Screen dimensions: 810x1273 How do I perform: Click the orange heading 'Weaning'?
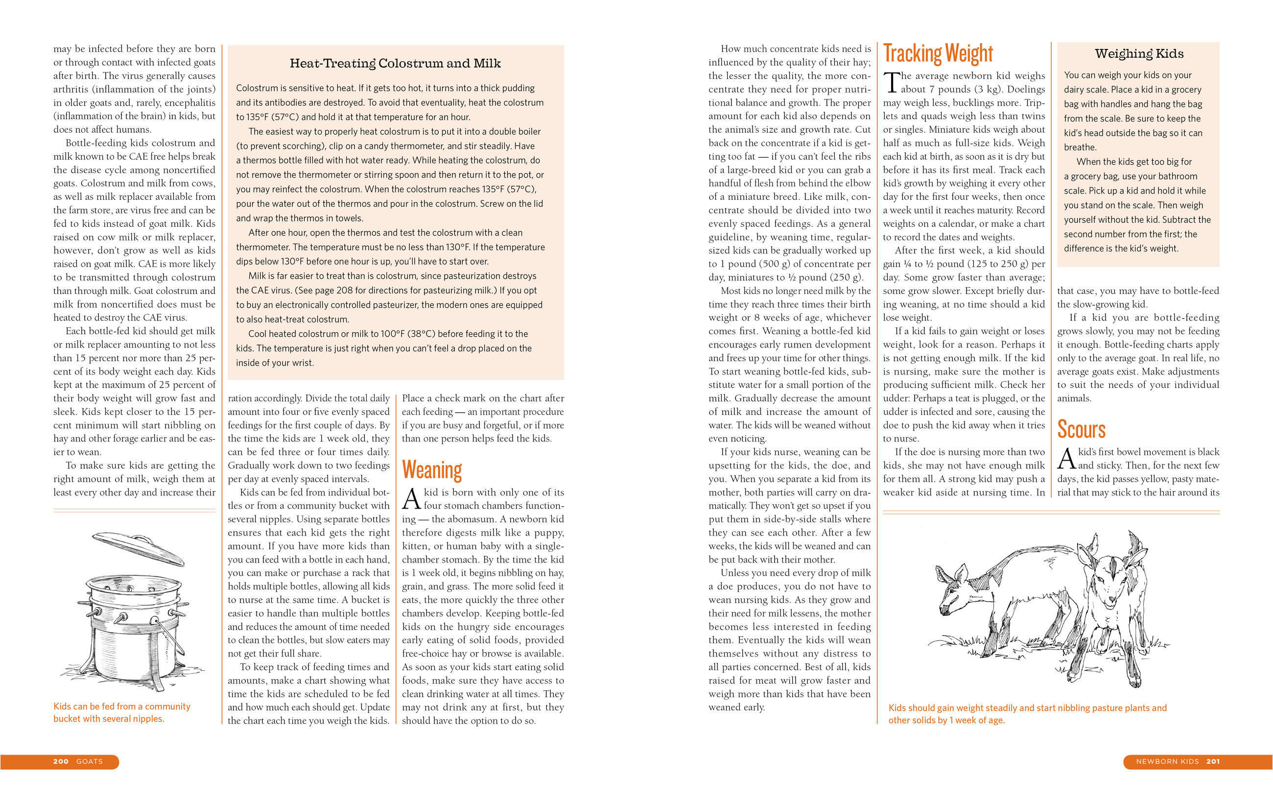[x=432, y=470]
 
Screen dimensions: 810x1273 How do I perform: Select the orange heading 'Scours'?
[x=1081, y=429]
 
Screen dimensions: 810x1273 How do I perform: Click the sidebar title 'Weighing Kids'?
[x=1139, y=53]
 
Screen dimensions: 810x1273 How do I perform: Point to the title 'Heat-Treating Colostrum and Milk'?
[x=395, y=64]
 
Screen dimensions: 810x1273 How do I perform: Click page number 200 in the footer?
[x=61, y=761]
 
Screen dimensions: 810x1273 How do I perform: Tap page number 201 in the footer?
[x=1213, y=761]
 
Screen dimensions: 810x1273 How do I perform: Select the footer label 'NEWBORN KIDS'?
[x=1167, y=761]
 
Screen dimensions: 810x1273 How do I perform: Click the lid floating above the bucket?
[x=138, y=548]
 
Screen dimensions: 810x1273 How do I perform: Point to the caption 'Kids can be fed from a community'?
[x=121, y=706]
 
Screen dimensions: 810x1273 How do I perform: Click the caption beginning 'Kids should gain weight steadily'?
[x=1027, y=708]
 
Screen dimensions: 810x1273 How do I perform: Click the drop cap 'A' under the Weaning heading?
[x=411, y=499]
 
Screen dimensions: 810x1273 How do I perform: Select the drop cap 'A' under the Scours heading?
[x=1066, y=459]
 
